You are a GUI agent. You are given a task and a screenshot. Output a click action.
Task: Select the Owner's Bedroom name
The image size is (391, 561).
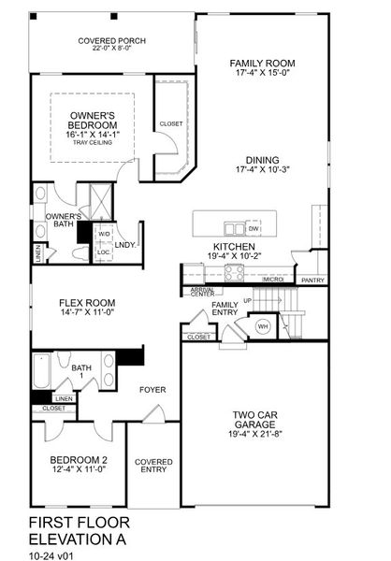[x=93, y=120]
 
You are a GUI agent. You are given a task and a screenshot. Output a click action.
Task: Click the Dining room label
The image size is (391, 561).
[x=263, y=160]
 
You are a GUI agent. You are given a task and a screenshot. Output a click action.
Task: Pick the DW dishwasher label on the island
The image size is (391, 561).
[x=253, y=228]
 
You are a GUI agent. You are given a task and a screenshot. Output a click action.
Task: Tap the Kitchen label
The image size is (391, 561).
[x=228, y=247]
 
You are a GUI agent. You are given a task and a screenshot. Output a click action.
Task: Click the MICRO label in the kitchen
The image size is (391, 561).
[x=273, y=279]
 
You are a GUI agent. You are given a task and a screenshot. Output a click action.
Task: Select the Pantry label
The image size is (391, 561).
[x=313, y=280]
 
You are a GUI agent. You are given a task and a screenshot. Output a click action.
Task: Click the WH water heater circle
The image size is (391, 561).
[x=263, y=326]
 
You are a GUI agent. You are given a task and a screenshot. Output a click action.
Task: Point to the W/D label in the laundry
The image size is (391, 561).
[x=104, y=235]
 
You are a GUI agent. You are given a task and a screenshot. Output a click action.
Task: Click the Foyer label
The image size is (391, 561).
[x=152, y=389]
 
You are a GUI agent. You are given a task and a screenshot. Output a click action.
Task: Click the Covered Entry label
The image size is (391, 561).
[x=153, y=466]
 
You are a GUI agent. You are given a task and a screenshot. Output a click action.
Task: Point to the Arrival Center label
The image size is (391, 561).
[x=202, y=293]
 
